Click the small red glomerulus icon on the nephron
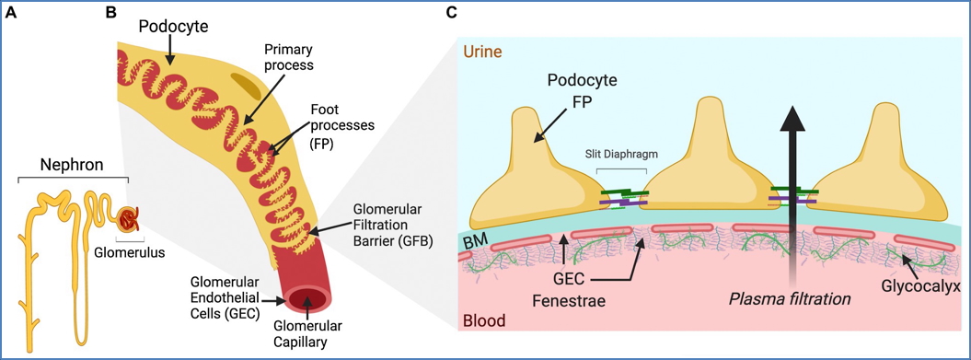coord(129,219)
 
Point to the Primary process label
coord(288,56)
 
